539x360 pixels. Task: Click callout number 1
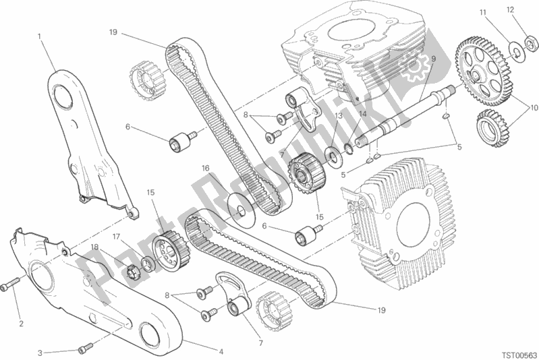pos(40,36)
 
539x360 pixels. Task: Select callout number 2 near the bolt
pos(22,323)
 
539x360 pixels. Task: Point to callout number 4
pos(221,351)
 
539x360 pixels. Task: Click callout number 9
pos(434,59)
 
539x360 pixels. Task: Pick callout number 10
pos(534,108)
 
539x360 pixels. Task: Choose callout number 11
pos(483,13)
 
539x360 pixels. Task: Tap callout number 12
pos(510,9)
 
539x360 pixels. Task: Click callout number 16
pos(206,169)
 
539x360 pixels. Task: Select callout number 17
pos(116,237)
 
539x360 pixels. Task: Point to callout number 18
pos(95,247)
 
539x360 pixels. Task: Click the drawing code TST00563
pos(518,355)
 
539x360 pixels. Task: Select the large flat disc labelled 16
pos(242,210)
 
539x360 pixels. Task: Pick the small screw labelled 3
pos(86,349)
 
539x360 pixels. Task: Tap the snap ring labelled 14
pos(350,148)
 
